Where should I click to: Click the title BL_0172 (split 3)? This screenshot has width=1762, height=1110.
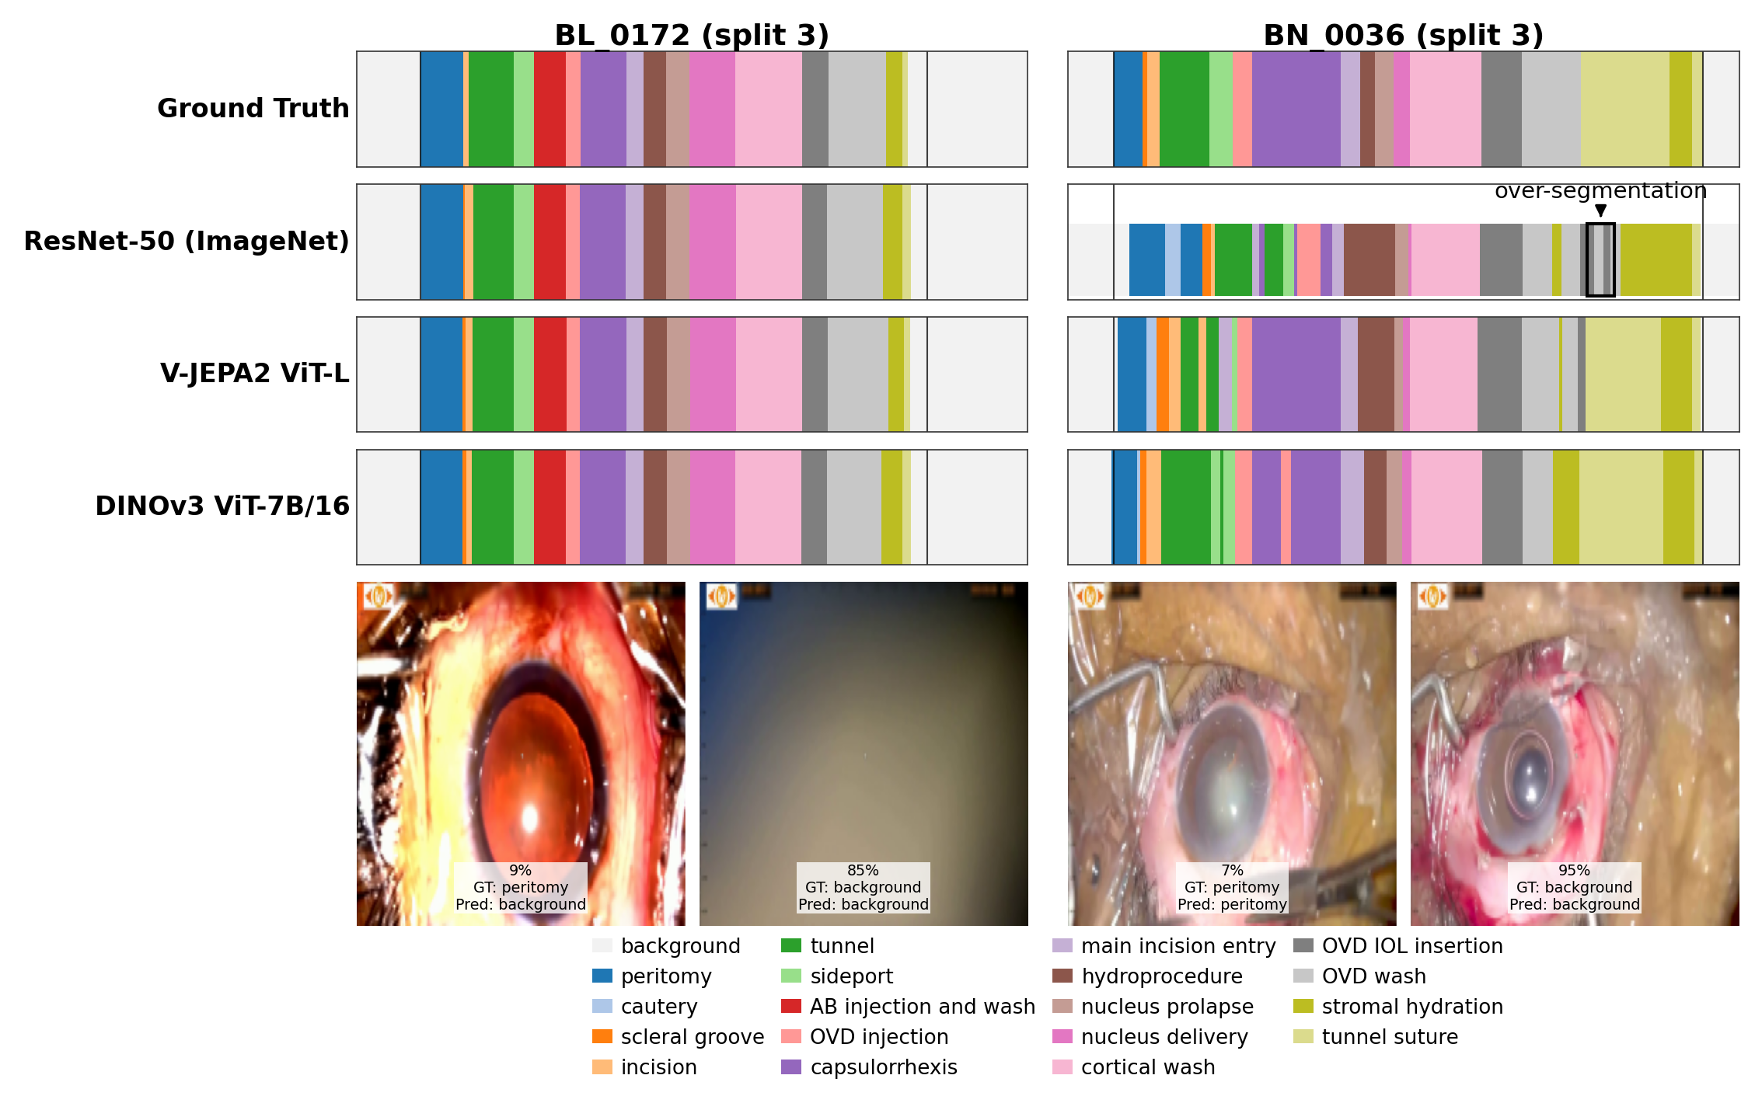pos(692,35)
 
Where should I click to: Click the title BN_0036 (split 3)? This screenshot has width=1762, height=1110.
pos(1403,35)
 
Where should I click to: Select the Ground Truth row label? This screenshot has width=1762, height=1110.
pos(253,108)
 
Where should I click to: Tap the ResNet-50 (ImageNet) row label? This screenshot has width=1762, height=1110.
pos(187,241)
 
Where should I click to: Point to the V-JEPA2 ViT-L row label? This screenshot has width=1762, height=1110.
pos(254,374)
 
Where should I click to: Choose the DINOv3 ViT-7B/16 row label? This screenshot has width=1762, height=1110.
pos(222,506)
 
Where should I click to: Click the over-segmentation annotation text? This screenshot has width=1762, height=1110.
pos(1600,190)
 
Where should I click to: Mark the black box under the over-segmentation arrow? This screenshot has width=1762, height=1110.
pos(1600,259)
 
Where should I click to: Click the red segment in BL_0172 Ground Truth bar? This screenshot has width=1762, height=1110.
pos(550,109)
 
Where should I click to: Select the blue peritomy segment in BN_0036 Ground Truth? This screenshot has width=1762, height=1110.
pos(1128,109)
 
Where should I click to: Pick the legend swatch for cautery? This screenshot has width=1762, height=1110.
pos(602,1006)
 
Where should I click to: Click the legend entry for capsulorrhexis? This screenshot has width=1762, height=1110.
pos(883,1067)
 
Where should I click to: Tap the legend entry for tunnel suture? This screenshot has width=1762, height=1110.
pos(1389,1037)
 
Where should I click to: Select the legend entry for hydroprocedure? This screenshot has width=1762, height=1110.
pos(1161,976)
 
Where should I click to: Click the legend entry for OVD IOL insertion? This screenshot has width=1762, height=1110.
pos(1411,946)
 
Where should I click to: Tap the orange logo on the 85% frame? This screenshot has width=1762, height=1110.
pos(721,597)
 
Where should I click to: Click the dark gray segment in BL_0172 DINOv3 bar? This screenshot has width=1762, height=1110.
pos(814,506)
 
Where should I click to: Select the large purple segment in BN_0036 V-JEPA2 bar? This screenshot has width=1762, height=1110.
pos(1296,374)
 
